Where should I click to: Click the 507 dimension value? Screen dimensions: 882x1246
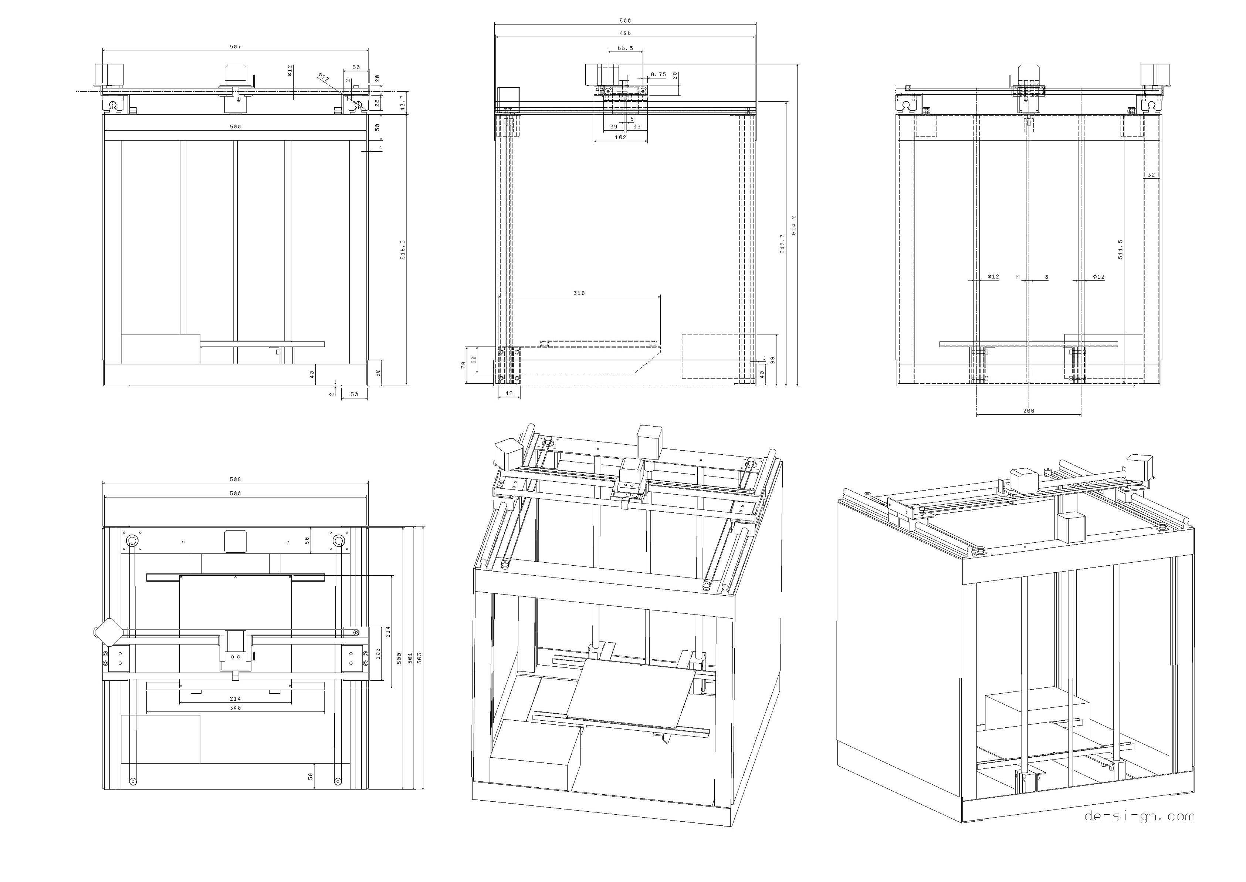(235, 47)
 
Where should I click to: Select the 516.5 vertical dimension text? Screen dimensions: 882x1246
(403, 249)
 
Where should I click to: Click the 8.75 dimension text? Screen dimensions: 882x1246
(658, 74)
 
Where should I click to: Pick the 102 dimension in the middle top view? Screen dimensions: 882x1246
(620, 137)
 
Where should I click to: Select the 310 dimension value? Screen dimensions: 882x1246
(579, 293)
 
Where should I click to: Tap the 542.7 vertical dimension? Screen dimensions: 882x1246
(782, 244)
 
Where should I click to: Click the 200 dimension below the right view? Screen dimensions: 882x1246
(1028, 411)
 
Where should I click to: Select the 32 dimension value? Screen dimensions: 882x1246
(1151, 175)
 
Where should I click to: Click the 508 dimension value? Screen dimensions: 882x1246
(235, 479)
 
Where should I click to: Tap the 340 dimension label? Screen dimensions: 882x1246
(235, 708)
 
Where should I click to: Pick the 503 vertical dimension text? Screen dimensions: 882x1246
(419, 658)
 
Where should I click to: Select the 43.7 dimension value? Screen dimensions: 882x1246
(402, 103)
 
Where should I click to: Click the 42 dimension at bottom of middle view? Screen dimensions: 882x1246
(509, 393)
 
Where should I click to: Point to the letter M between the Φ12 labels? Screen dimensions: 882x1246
(1018, 277)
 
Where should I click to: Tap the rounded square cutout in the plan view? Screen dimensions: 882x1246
(236, 542)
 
